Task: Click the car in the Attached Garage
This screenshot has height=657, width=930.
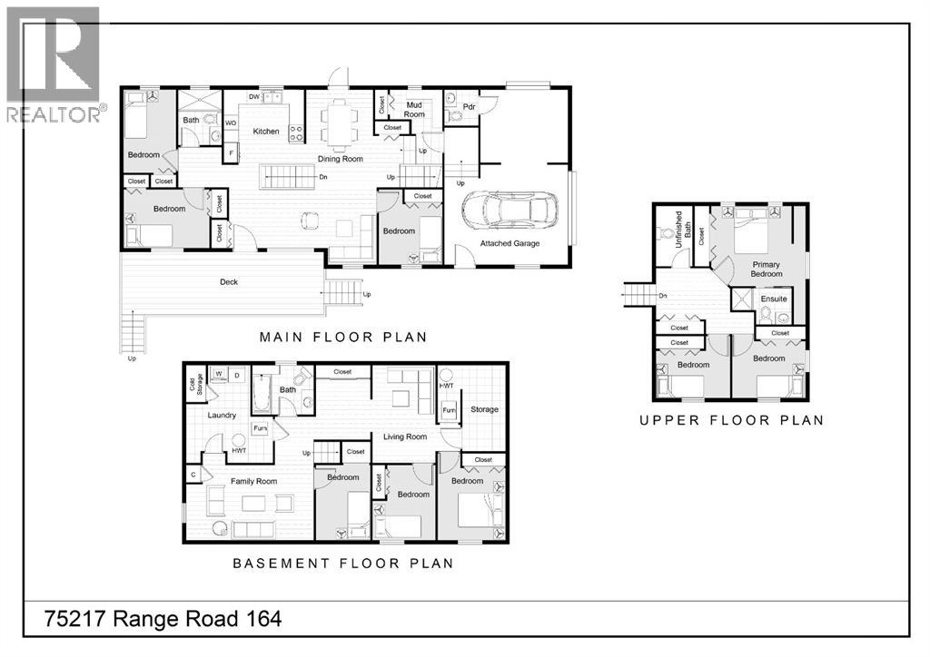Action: (x=510, y=211)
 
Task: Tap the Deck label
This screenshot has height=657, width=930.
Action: (x=229, y=282)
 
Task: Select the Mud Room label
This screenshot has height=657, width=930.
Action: (x=414, y=110)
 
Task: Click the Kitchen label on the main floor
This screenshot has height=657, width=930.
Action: (x=266, y=132)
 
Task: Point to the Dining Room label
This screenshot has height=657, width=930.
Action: (x=341, y=159)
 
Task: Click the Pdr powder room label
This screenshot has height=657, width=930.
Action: (x=470, y=107)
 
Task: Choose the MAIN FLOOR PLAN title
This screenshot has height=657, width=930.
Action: (x=343, y=337)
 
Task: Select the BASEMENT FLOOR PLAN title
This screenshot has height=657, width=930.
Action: (x=343, y=564)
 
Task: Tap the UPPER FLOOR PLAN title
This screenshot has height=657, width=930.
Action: (x=732, y=421)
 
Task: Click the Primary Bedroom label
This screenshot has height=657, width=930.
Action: (x=767, y=269)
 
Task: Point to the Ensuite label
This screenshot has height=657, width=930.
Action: (x=774, y=299)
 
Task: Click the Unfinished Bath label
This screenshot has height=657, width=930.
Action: (x=683, y=229)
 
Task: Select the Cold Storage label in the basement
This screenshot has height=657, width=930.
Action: (x=196, y=385)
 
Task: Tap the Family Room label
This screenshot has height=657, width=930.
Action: (x=254, y=482)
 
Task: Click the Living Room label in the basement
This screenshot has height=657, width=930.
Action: (x=405, y=436)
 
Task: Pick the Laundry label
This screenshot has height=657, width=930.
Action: (x=222, y=416)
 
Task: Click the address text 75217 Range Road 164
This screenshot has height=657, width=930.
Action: (x=163, y=619)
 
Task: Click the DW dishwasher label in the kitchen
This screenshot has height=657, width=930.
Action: (x=254, y=96)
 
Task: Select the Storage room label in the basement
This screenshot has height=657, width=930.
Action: (x=485, y=409)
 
